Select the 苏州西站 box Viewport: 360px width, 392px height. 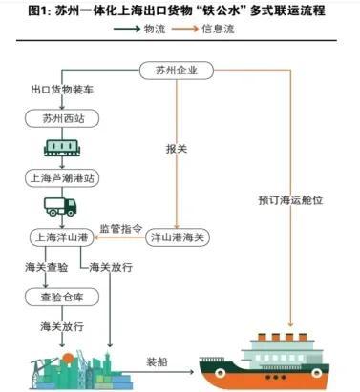62,119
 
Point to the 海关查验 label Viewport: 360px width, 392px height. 49,267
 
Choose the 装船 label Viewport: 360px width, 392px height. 157,363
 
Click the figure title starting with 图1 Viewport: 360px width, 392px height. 180,10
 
